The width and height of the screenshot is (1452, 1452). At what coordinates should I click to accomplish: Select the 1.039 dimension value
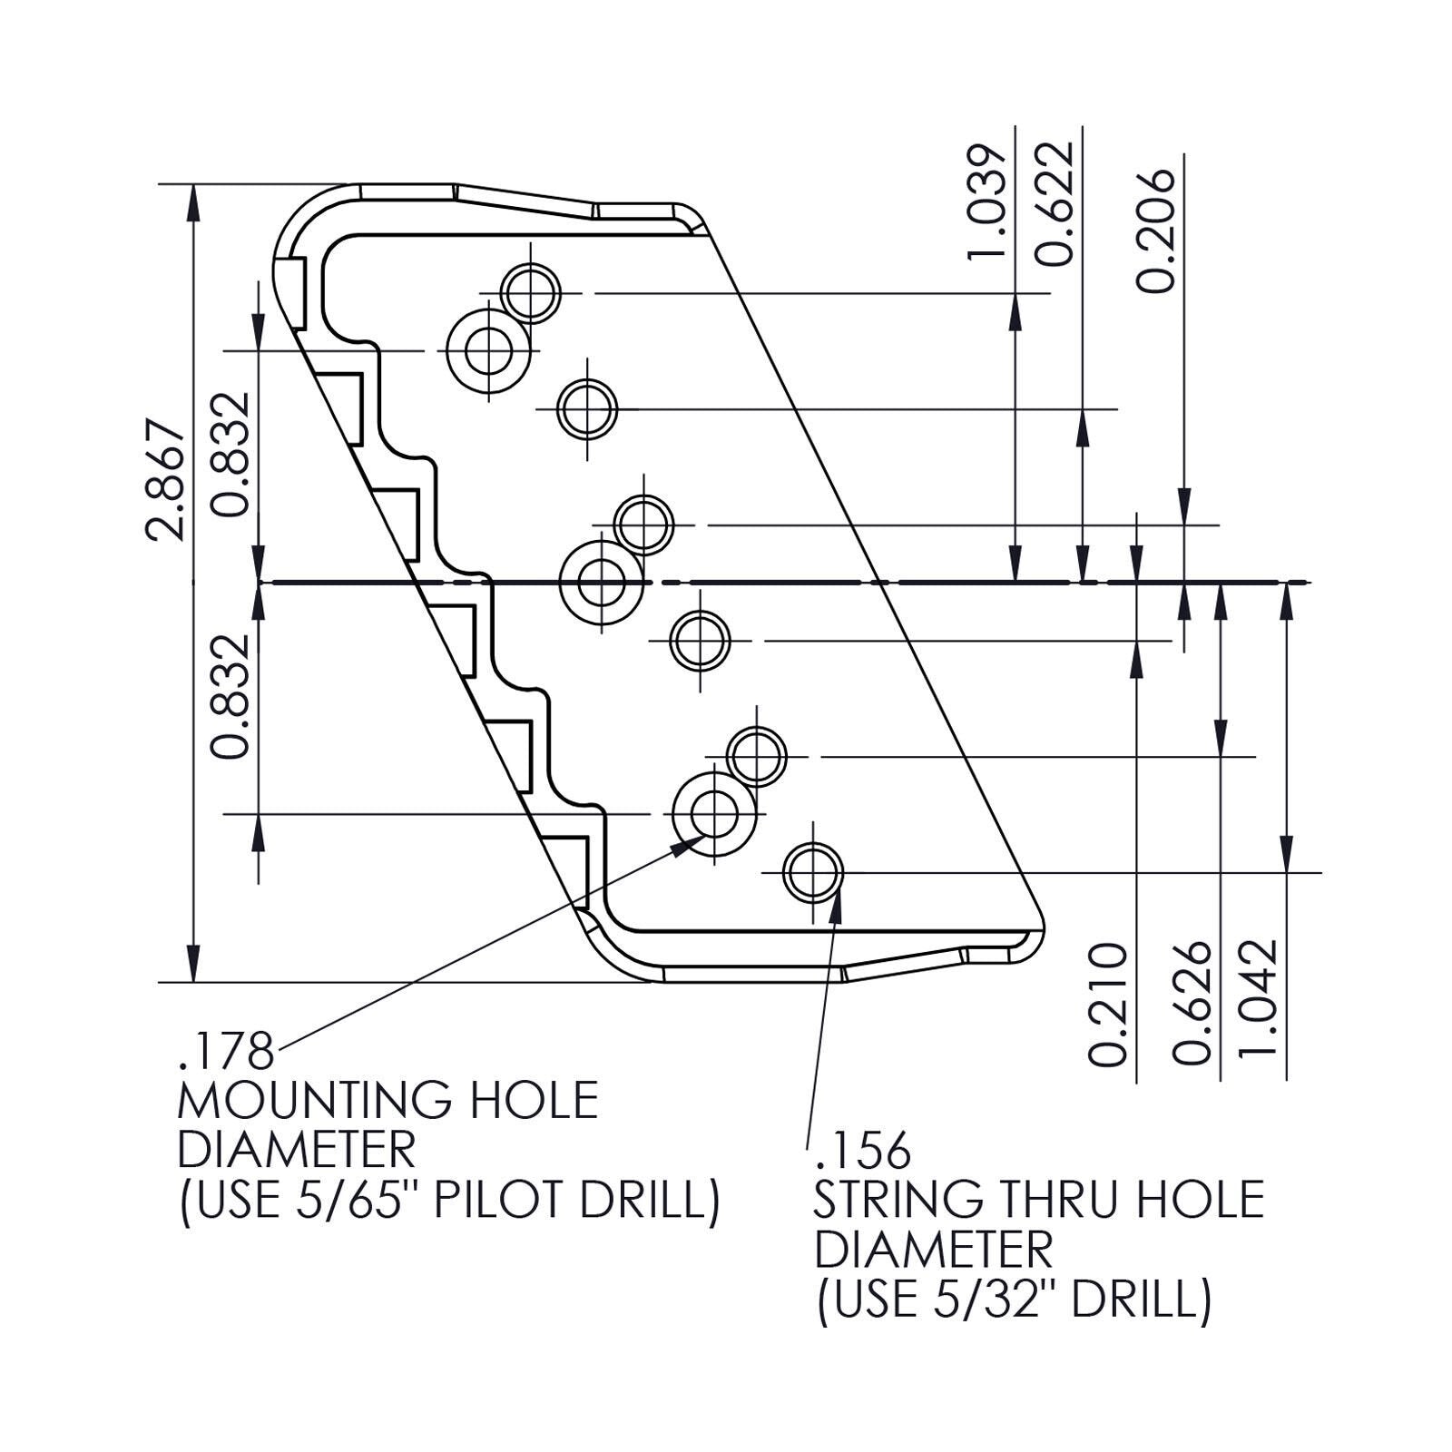click(x=987, y=201)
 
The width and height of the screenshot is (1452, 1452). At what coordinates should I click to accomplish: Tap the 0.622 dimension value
click(x=1055, y=203)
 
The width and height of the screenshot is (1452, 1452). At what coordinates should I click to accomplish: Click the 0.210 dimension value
click(x=1108, y=1005)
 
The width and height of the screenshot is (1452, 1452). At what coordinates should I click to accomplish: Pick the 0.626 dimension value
click(x=1192, y=1003)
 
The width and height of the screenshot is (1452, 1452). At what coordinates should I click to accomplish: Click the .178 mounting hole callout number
click(x=226, y=1052)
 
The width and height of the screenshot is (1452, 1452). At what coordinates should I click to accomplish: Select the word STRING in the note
click(x=898, y=1200)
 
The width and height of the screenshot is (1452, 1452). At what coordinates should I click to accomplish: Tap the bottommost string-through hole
click(x=813, y=872)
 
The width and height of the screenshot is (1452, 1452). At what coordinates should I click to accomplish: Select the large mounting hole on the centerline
click(x=601, y=582)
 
